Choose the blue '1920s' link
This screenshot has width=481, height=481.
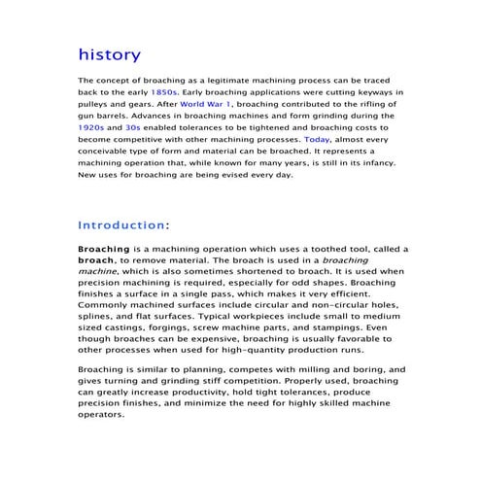click(94, 126)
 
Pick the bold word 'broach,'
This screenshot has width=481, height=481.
click(97, 262)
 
